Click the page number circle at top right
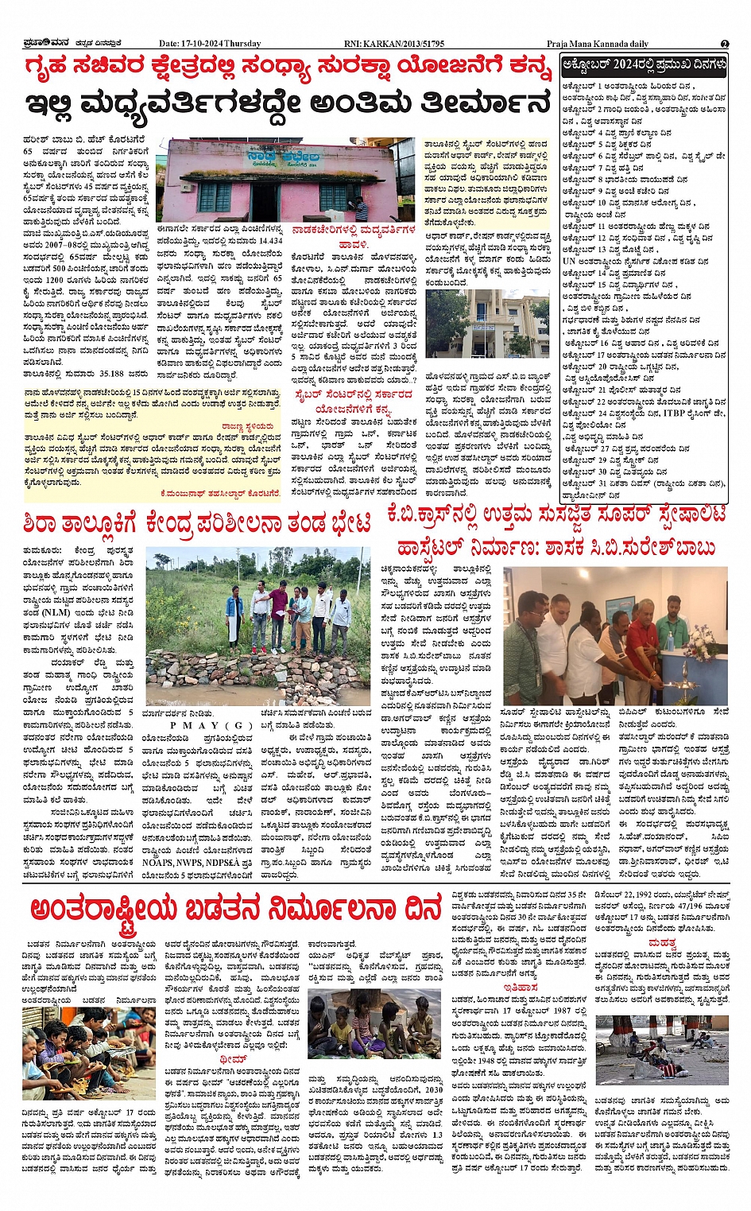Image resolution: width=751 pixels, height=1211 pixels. point(725,44)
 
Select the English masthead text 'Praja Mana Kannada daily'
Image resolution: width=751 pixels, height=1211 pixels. point(597,44)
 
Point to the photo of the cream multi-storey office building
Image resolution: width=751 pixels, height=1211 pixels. point(486,324)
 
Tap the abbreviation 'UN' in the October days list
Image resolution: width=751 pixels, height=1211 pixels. point(569,261)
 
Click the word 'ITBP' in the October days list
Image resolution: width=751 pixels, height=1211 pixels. point(674,413)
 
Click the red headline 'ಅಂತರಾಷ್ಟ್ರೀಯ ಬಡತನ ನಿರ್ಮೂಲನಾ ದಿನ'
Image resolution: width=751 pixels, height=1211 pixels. point(236,908)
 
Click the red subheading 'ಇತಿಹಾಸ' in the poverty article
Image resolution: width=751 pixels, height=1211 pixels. point(521,987)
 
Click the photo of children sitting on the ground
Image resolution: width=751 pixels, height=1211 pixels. point(374,1028)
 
